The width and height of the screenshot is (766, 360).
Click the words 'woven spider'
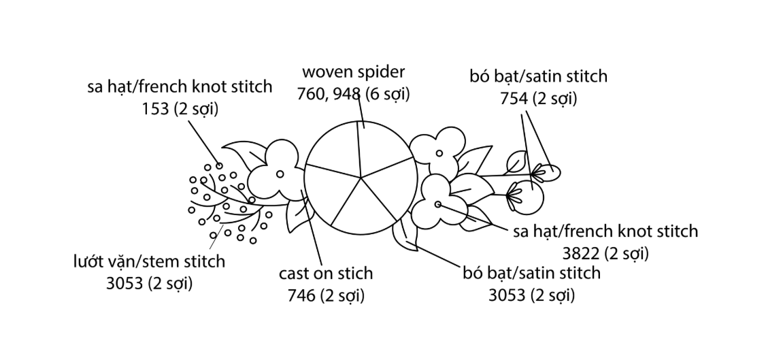(x=353, y=72)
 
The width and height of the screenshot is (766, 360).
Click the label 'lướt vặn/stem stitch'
(x=149, y=261)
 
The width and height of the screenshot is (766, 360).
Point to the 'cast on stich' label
(x=326, y=274)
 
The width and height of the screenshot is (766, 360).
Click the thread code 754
(x=514, y=98)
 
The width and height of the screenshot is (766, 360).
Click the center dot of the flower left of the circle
(x=280, y=174)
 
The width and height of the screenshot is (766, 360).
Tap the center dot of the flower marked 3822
(x=437, y=204)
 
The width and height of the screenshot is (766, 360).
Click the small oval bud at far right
(x=547, y=171)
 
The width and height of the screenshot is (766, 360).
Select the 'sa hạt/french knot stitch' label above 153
(x=180, y=87)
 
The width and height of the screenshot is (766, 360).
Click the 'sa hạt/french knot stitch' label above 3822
(x=605, y=231)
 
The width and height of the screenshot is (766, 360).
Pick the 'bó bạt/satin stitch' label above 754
(x=538, y=76)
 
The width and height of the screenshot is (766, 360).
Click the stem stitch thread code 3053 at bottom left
(x=126, y=283)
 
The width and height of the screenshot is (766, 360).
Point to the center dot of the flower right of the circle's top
(x=439, y=153)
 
